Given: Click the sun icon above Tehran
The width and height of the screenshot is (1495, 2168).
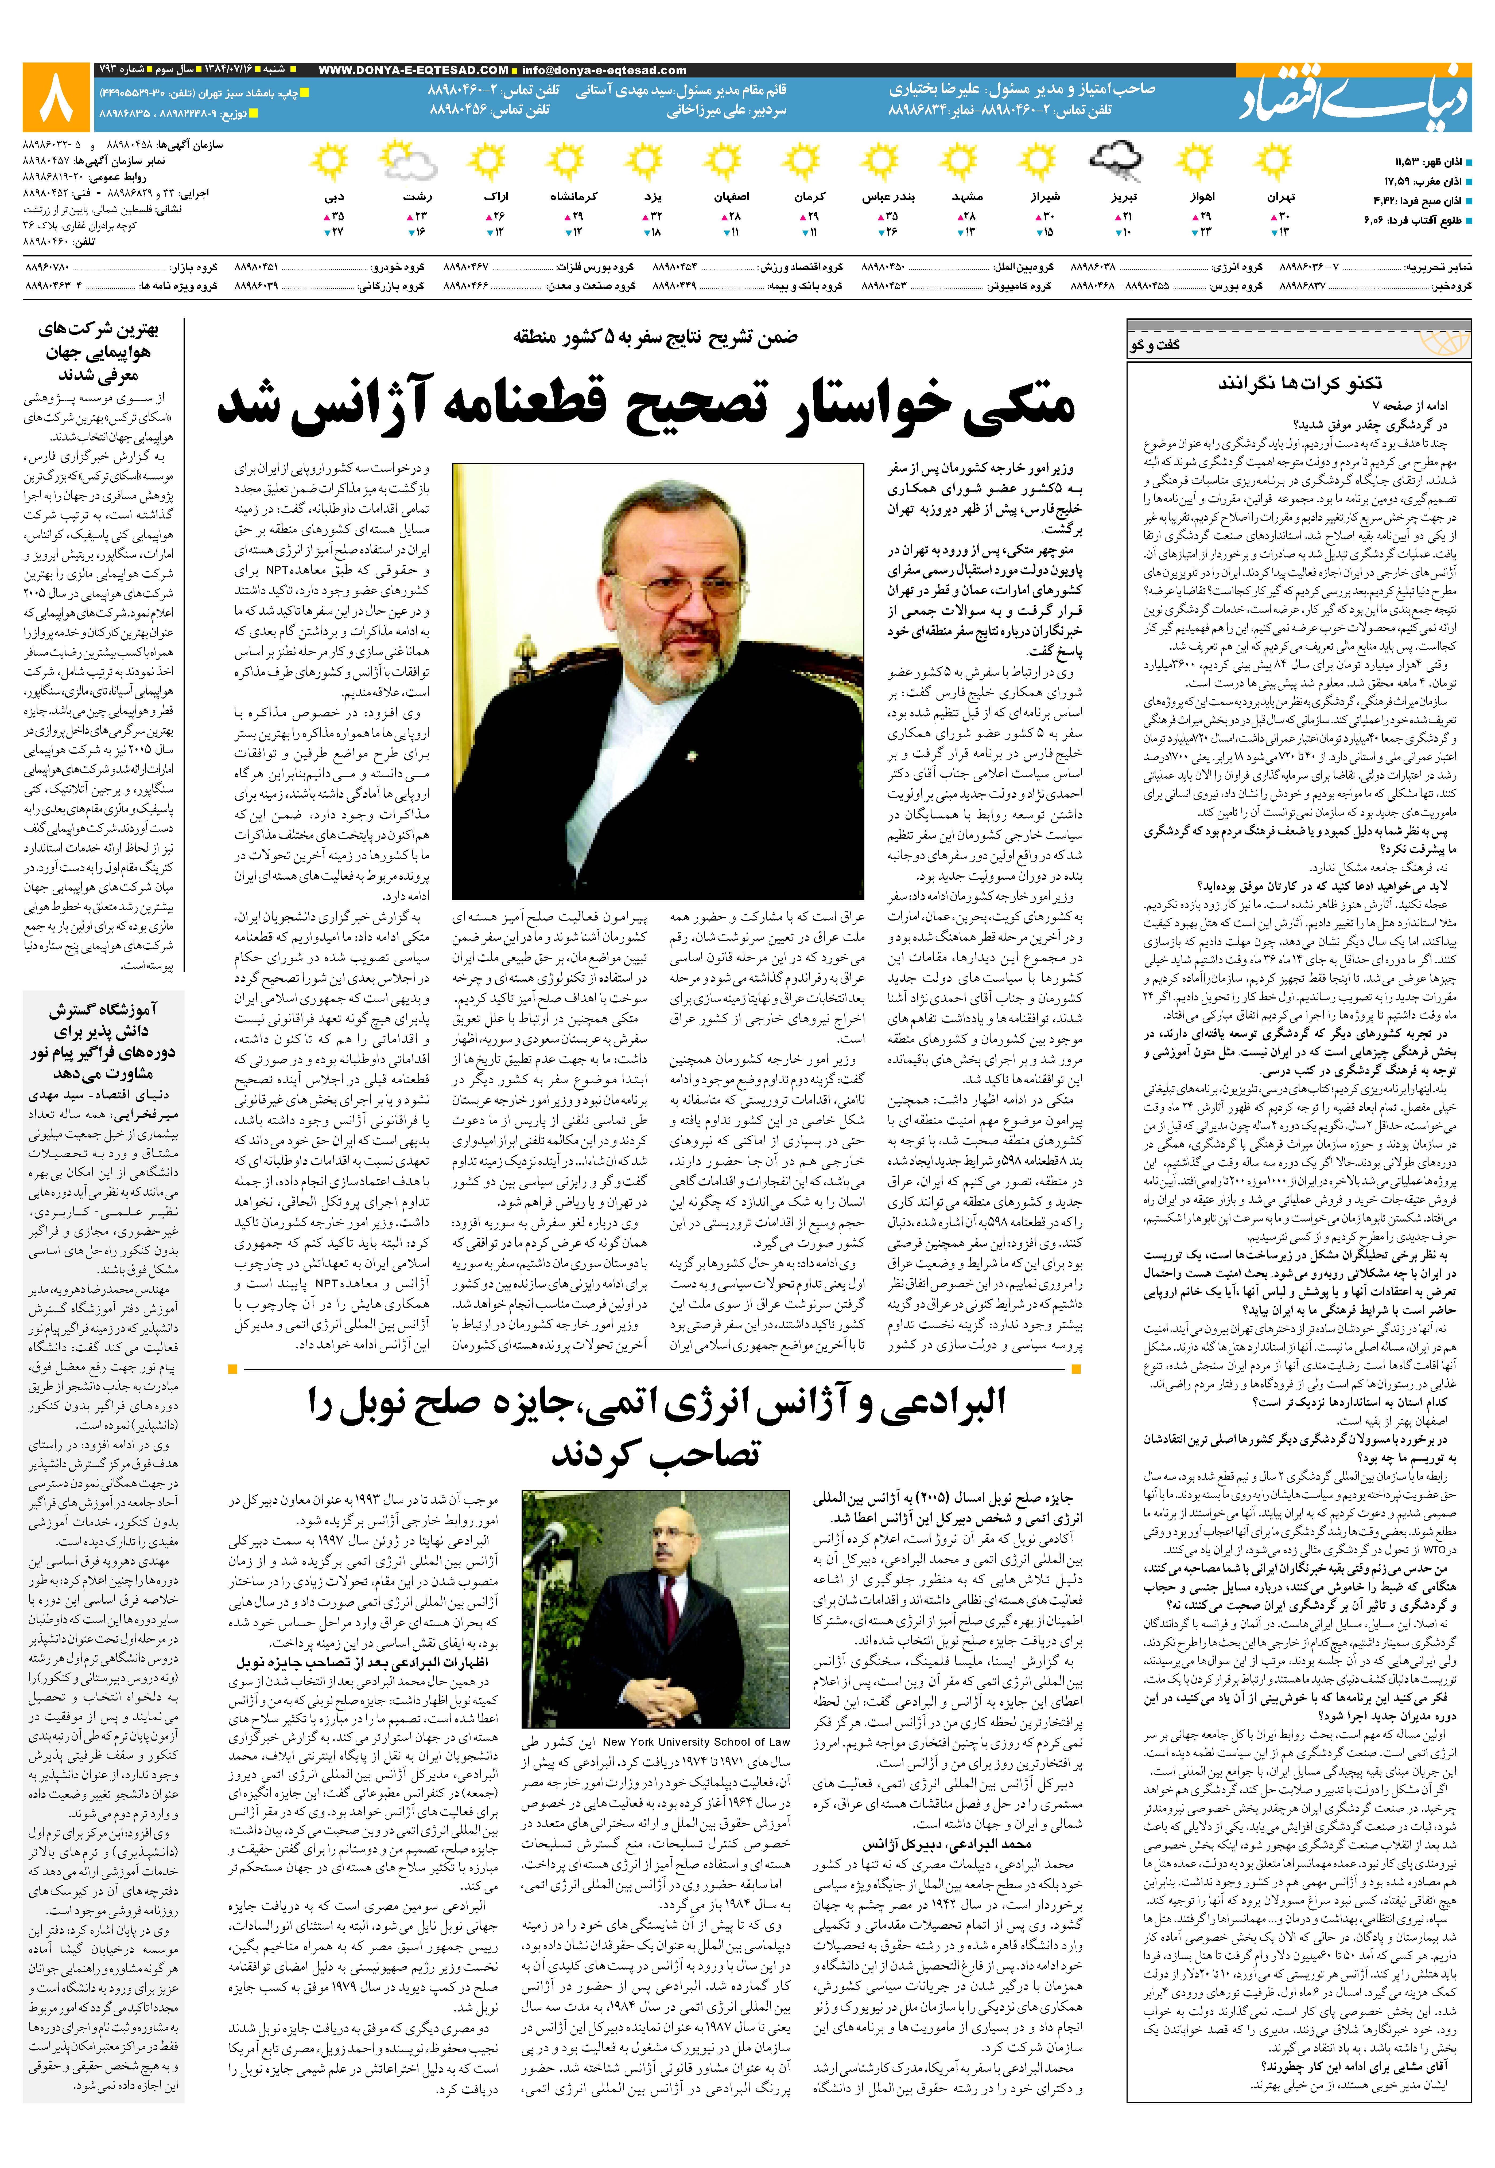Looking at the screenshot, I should tap(1273, 163).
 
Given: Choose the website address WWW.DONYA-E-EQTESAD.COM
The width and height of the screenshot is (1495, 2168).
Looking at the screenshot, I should tap(413, 70).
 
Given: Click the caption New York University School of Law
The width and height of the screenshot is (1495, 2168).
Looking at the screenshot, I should tap(696, 1743).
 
